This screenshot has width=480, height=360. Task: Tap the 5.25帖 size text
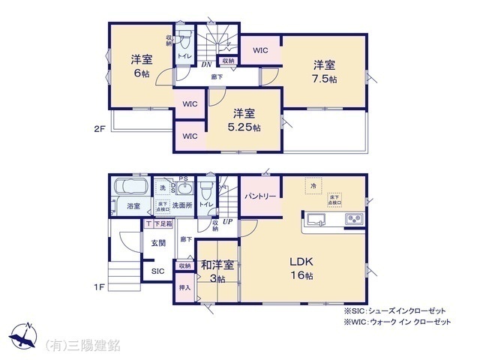click(246, 127)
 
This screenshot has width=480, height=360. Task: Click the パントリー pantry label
click(261, 196)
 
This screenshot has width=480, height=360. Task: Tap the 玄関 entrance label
click(158, 242)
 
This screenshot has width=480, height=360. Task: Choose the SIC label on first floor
click(158, 271)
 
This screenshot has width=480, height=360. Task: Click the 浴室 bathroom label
click(133, 205)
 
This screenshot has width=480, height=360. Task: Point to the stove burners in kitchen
click(353, 220)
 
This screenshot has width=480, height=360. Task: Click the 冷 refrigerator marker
click(310, 184)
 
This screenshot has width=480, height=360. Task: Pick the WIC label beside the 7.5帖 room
click(260, 51)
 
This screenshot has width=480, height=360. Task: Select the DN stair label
click(205, 64)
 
